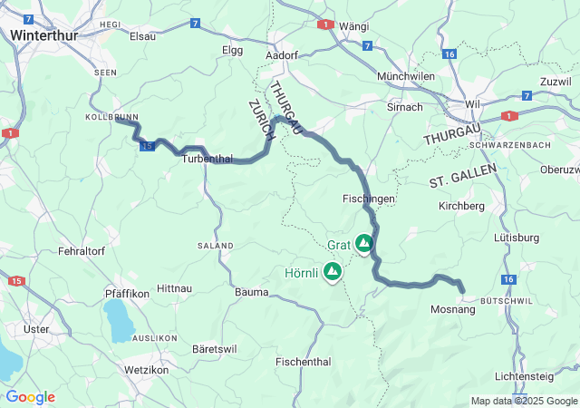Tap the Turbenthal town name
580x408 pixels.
(x=209, y=158)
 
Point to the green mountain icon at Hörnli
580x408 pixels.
(x=333, y=271)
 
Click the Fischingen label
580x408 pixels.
(x=369, y=198)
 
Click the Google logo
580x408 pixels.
(x=30, y=397)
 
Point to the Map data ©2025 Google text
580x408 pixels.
(x=523, y=401)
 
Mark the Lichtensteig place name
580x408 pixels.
(x=530, y=376)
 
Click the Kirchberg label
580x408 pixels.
(x=461, y=206)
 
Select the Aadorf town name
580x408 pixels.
(x=282, y=54)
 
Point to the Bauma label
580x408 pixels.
(x=251, y=292)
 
